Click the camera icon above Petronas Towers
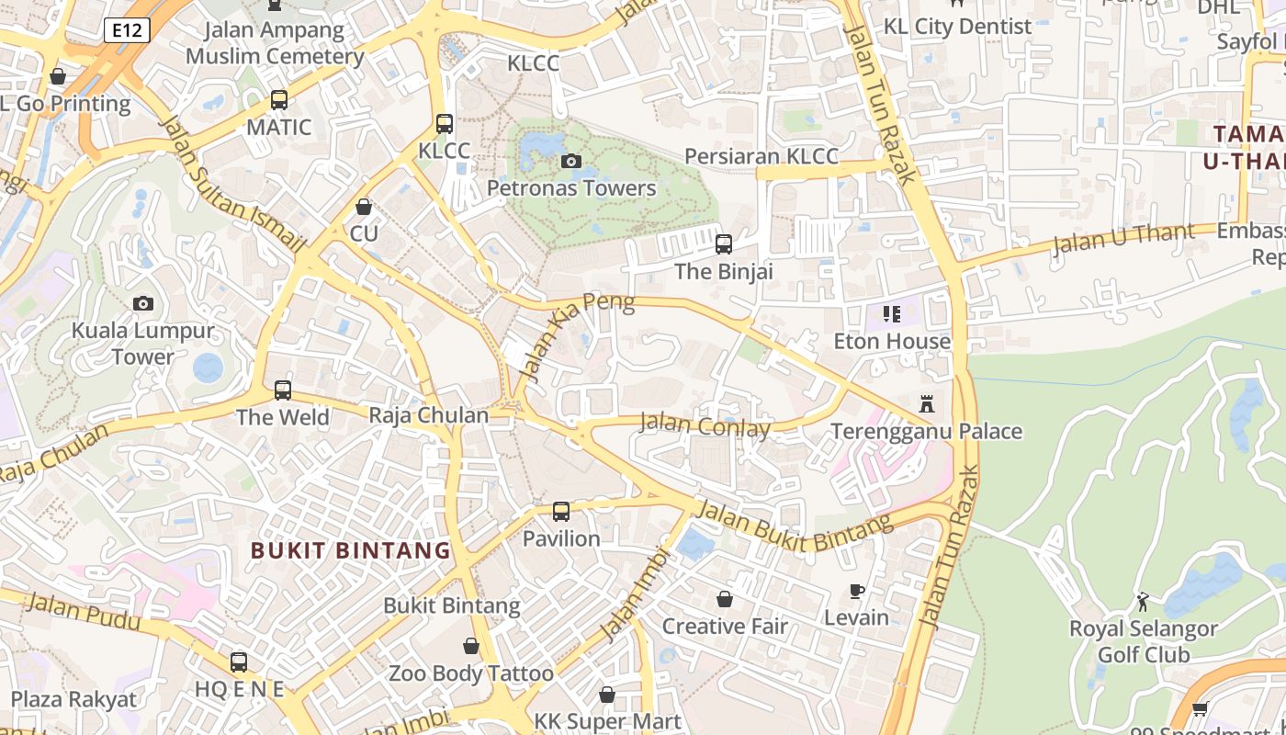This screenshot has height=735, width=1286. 571,162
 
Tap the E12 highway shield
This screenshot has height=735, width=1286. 127,31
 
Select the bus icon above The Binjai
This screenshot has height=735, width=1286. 724,244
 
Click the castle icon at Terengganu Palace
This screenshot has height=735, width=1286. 926,404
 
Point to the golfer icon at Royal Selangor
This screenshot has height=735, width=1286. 1143,603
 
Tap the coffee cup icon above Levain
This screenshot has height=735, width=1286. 856,591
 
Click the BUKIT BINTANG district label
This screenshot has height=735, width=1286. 351,550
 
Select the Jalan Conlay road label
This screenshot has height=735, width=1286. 705,426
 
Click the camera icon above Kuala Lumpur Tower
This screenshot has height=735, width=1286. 143,304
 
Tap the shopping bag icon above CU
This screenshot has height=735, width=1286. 364,207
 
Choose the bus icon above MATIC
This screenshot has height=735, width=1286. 279,100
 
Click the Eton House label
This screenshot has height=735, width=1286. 892,342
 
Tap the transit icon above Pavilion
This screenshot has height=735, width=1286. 561,512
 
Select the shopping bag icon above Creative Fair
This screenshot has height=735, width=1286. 725,600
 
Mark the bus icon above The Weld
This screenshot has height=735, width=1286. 283,390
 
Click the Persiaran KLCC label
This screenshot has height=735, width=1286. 761,156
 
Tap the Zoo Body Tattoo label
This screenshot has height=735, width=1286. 471,673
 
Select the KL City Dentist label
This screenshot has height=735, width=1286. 957,27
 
